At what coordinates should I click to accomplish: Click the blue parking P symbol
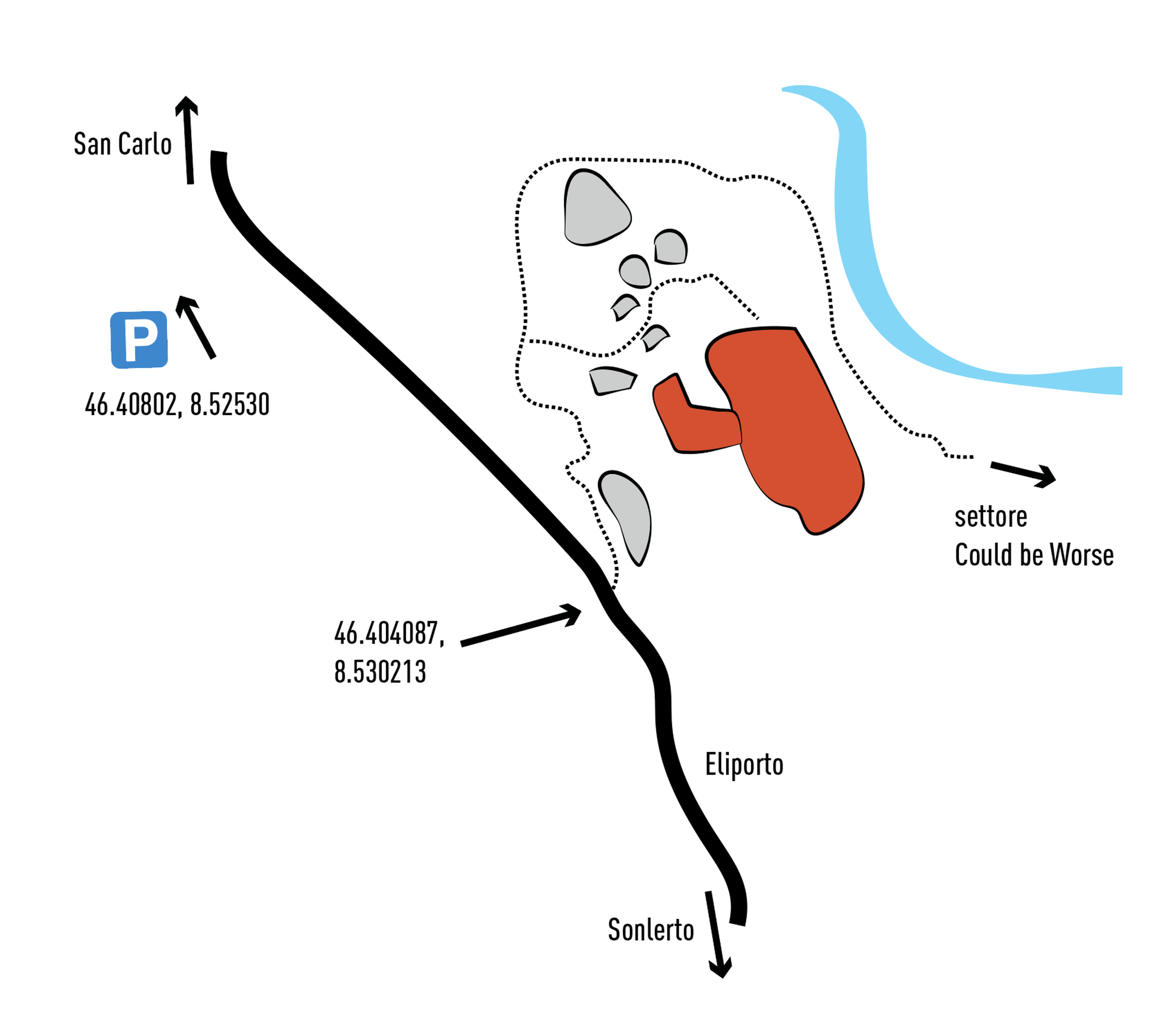139,340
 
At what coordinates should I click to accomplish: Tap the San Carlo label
123,144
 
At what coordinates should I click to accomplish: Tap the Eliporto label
744,765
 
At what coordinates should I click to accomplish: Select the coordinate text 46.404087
389,633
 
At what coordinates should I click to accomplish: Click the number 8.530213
380,672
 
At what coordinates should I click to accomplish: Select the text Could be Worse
1034,555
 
